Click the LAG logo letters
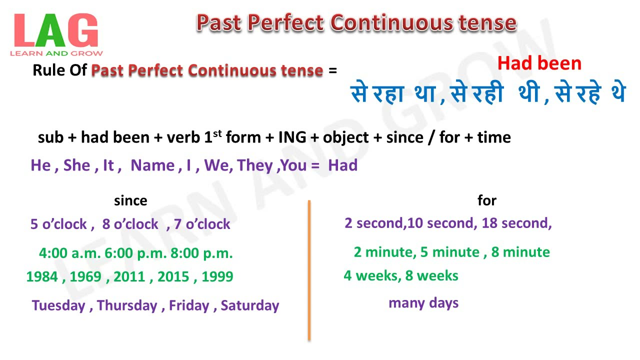56,30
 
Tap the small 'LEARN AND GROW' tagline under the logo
56,53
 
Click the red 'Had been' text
539,63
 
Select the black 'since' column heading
130,200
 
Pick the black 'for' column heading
487,200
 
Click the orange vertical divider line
309,270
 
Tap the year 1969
85,276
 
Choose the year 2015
173,276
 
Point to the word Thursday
127,305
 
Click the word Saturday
250,305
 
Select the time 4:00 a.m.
70,253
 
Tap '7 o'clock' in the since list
202,224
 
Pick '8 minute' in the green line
520,252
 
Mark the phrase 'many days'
423,303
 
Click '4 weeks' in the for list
371,275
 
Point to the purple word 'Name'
152,165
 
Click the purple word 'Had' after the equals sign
342,165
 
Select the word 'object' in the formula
345,137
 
